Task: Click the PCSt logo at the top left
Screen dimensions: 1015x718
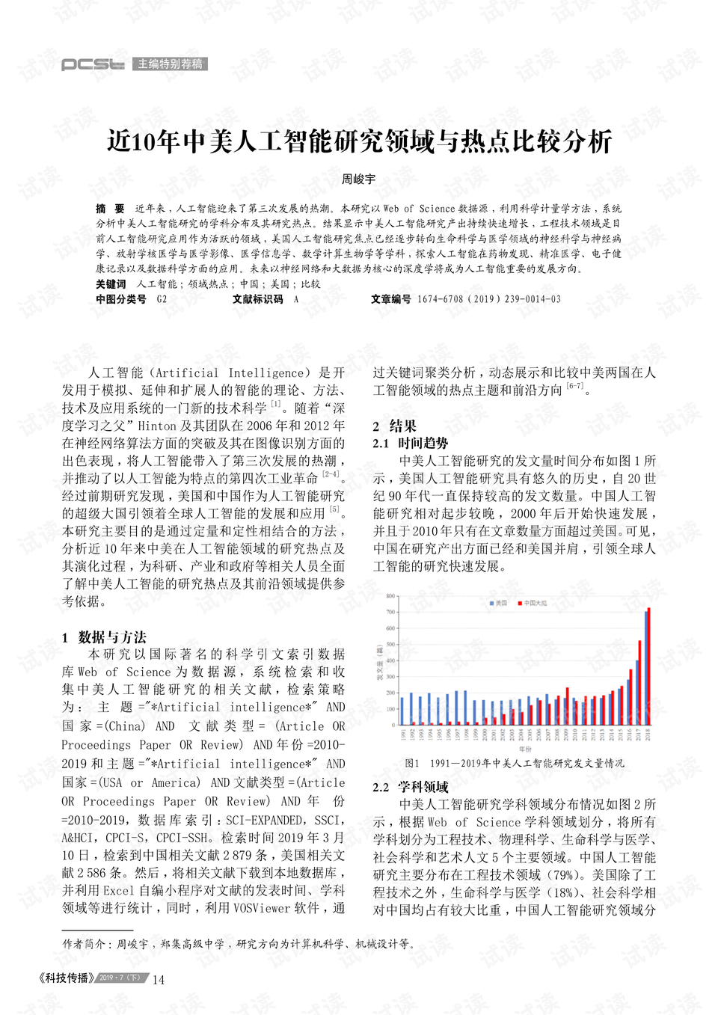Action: (x=92, y=64)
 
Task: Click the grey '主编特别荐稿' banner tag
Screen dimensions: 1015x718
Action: (x=170, y=64)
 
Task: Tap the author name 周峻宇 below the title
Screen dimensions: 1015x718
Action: (x=358, y=180)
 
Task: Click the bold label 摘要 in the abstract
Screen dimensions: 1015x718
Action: (x=110, y=209)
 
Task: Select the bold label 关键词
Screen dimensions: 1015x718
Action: (x=111, y=284)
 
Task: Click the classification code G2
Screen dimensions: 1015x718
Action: (x=162, y=299)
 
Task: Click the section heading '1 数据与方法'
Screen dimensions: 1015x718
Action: (x=105, y=637)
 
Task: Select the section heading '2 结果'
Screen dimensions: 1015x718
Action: (x=395, y=426)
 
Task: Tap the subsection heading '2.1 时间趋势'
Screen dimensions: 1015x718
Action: (x=411, y=443)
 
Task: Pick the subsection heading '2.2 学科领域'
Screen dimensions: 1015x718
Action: (x=411, y=787)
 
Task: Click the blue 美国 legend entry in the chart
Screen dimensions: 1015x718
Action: (x=498, y=603)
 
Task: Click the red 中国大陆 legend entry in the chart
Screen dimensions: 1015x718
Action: (x=533, y=603)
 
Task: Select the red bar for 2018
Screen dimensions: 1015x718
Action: (x=648, y=666)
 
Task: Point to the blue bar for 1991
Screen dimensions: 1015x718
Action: (x=402, y=711)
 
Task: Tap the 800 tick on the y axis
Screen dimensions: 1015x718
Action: (x=390, y=596)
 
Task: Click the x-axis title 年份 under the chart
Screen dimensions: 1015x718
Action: (x=525, y=749)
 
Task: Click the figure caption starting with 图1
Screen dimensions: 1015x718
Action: (x=514, y=764)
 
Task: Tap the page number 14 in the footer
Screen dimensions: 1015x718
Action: (x=159, y=980)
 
